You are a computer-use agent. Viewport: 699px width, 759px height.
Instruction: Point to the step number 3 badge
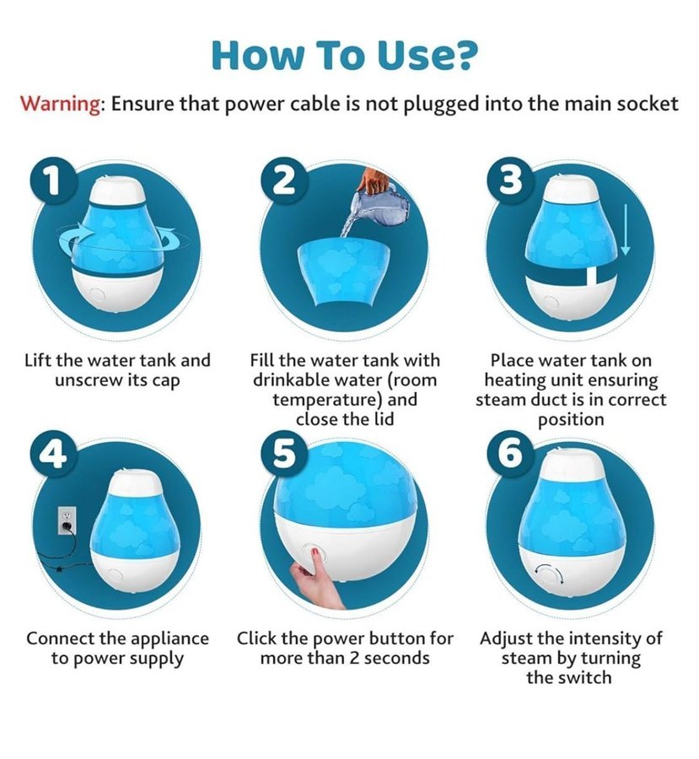(x=512, y=181)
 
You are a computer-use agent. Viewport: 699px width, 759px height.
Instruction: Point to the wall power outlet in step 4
(x=67, y=520)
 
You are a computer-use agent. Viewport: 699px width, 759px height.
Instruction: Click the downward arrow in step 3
(x=625, y=229)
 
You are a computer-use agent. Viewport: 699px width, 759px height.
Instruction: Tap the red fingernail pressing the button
(x=315, y=551)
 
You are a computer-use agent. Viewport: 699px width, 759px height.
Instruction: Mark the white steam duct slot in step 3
(x=592, y=281)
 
